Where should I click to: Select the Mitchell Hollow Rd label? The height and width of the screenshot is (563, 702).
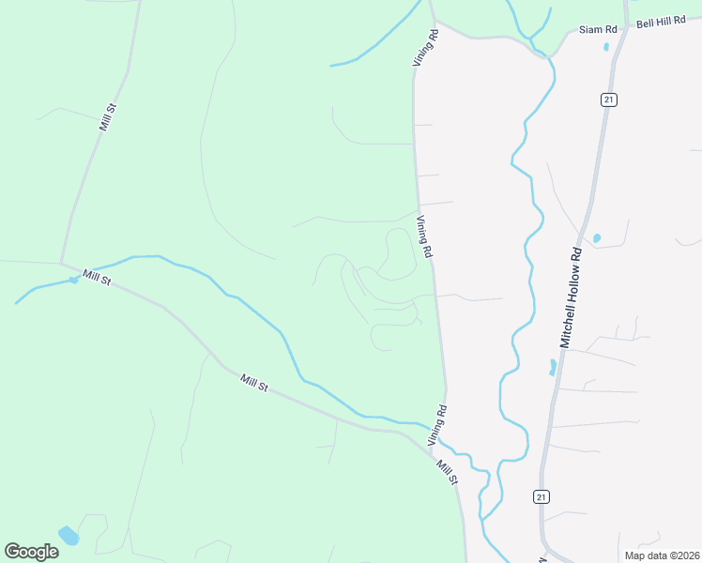[x=572, y=297]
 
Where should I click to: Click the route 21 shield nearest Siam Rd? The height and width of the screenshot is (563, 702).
[x=609, y=99]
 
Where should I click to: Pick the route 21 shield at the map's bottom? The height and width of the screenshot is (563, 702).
[x=542, y=497]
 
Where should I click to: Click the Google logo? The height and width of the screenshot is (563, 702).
[x=31, y=551]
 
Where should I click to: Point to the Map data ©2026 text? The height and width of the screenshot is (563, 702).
[x=663, y=555]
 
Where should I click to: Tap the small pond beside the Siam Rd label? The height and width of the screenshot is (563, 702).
[x=606, y=46]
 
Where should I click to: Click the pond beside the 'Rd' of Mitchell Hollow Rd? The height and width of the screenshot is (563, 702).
[x=596, y=238]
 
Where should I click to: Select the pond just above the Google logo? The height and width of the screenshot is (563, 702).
[x=69, y=536]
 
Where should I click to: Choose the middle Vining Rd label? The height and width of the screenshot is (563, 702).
[x=424, y=237]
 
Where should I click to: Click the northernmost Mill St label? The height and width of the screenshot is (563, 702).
[x=107, y=118]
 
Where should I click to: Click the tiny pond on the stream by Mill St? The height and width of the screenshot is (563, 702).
[x=73, y=280]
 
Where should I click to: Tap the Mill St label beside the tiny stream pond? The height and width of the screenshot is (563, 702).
[x=97, y=278]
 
